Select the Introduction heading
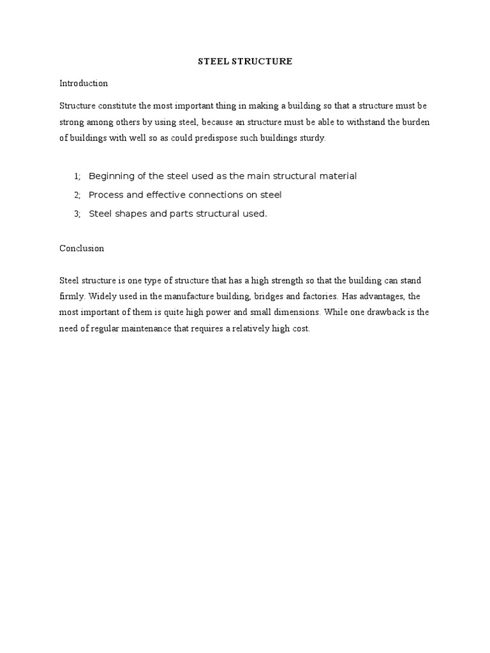(84, 84)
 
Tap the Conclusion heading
(82, 249)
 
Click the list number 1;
(77, 176)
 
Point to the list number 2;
(77, 195)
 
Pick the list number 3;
(77, 214)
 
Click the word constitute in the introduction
(113, 106)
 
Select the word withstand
(366, 122)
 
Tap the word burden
(417, 122)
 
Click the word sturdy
(313, 138)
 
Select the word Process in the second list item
(105, 195)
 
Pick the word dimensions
(295, 312)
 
